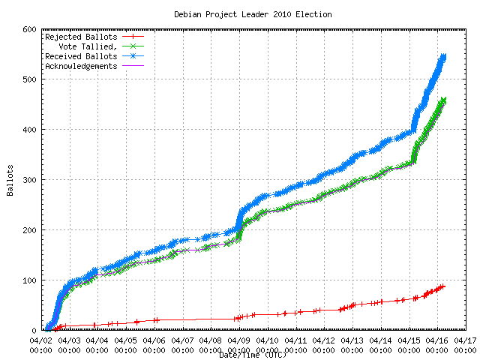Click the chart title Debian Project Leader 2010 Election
(x=253, y=14)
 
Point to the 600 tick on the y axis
(x=30, y=29)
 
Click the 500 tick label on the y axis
(x=30, y=79)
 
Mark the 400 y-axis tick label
(x=30, y=130)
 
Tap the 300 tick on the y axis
(x=30, y=180)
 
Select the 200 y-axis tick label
(x=30, y=230)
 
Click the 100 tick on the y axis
(x=30, y=280)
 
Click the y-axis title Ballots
(x=10, y=180)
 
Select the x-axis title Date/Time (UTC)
(x=253, y=355)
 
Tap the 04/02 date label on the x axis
(x=41, y=340)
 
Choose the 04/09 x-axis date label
(x=240, y=340)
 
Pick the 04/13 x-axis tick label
(x=353, y=340)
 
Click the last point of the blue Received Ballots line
(x=443, y=56)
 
